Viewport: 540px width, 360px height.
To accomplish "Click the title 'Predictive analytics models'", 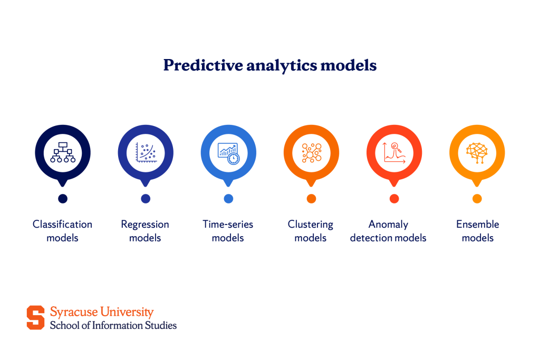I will pyautogui.click(x=269, y=65).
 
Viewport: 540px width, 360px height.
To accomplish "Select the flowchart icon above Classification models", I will pyautogui.click(x=63, y=152).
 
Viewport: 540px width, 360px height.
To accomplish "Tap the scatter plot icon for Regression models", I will pyautogui.click(x=146, y=152).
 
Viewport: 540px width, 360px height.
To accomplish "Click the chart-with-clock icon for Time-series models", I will pyautogui.click(x=228, y=152).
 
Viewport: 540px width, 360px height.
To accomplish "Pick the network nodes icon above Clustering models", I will pyautogui.click(x=311, y=152).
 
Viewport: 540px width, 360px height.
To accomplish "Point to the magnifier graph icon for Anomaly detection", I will pyautogui.click(x=394, y=152).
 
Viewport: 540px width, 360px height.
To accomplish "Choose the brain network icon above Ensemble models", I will pyautogui.click(x=477, y=152).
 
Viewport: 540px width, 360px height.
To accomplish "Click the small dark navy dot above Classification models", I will pyautogui.click(x=63, y=199).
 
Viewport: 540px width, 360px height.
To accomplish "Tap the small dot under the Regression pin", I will pyautogui.click(x=146, y=199).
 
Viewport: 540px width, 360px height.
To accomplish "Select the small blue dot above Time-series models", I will pyautogui.click(x=228, y=199).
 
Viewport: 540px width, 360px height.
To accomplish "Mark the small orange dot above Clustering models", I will pyautogui.click(x=311, y=199).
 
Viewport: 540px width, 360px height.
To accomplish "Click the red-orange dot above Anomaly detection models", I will pyautogui.click(x=394, y=199).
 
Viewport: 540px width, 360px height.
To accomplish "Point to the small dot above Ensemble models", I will pyautogui.click(x=477, y=199).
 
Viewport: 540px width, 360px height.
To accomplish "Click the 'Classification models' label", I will pyautogui.click(x=62, y=231).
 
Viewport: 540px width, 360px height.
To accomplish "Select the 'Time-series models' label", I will pyautogui.click(x=228, y=231).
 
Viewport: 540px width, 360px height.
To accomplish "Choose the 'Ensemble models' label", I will pyautogui.click(x=477, y=231).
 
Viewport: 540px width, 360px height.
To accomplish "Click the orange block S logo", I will pyautogui.click(x=36, y=317).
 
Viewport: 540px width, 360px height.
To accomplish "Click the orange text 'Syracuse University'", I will pyautogui.click(x=102, y=312).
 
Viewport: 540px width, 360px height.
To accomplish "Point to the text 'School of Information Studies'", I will pyautogui.click(x=113, y=325).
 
